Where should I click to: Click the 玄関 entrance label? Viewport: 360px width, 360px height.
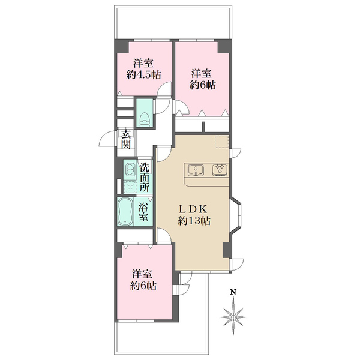tap(126, 139)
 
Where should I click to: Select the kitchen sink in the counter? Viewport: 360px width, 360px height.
tap(196, 170)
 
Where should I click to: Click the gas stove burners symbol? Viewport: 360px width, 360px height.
tap(220, 170)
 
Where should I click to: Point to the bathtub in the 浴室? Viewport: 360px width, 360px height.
tap(125, 212)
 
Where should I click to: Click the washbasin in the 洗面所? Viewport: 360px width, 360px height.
tap(130, 170)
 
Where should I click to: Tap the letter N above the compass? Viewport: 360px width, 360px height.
tap(233, 292)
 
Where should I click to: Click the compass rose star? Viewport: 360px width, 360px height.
tap(233, 317)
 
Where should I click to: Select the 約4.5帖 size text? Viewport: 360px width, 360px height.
tap(143, 74)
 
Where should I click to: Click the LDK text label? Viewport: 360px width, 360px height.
tap(193, 209)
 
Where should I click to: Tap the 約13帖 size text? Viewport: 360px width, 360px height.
tap(194, 221)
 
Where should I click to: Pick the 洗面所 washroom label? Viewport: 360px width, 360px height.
tap(145, 177)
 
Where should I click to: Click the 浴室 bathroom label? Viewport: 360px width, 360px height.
tap(143, 212)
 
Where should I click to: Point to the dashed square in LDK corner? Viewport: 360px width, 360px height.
tap(222, 142)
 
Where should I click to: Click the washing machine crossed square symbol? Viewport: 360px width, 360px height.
tap(130, 187)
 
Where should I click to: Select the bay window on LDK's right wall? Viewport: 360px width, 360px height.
tap(236, 215)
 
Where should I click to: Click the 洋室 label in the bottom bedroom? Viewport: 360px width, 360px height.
tap(142, 274)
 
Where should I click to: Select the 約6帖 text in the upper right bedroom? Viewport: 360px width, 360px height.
tap(203, 85)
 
